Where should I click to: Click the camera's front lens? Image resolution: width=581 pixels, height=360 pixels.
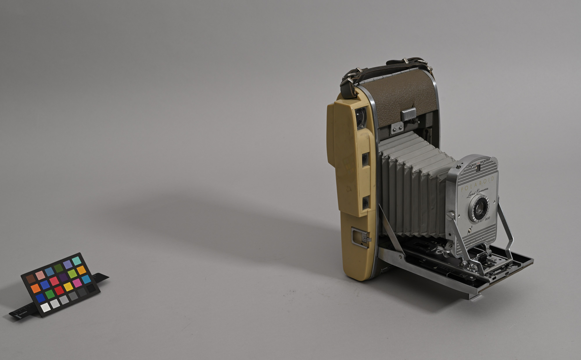tap(478, 209)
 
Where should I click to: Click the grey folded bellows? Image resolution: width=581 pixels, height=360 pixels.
tap(412, 184)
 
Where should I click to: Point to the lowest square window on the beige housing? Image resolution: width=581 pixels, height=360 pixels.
tap(366, 203)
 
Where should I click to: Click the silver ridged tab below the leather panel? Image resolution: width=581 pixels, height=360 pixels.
tap(409, 114)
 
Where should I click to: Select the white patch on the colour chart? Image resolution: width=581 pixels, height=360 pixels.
tap(45, 307)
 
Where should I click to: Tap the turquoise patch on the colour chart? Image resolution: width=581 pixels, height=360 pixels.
tap(76, 261)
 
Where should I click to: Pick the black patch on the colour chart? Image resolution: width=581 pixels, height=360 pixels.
tap(91, 288)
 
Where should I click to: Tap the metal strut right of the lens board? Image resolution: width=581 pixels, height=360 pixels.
tap(506, 228)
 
